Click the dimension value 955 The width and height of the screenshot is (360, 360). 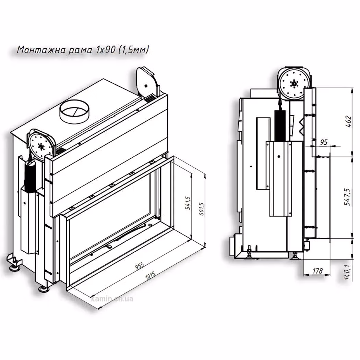point(139,266)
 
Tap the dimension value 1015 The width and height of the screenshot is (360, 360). point(150,276)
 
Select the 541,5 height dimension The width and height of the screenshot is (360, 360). point(188,203)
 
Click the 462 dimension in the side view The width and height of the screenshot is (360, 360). point(348,122)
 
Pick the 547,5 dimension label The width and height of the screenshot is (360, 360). point(348,197)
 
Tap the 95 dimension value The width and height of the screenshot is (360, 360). point(324,142)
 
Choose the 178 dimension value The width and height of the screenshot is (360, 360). point(317,271)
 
